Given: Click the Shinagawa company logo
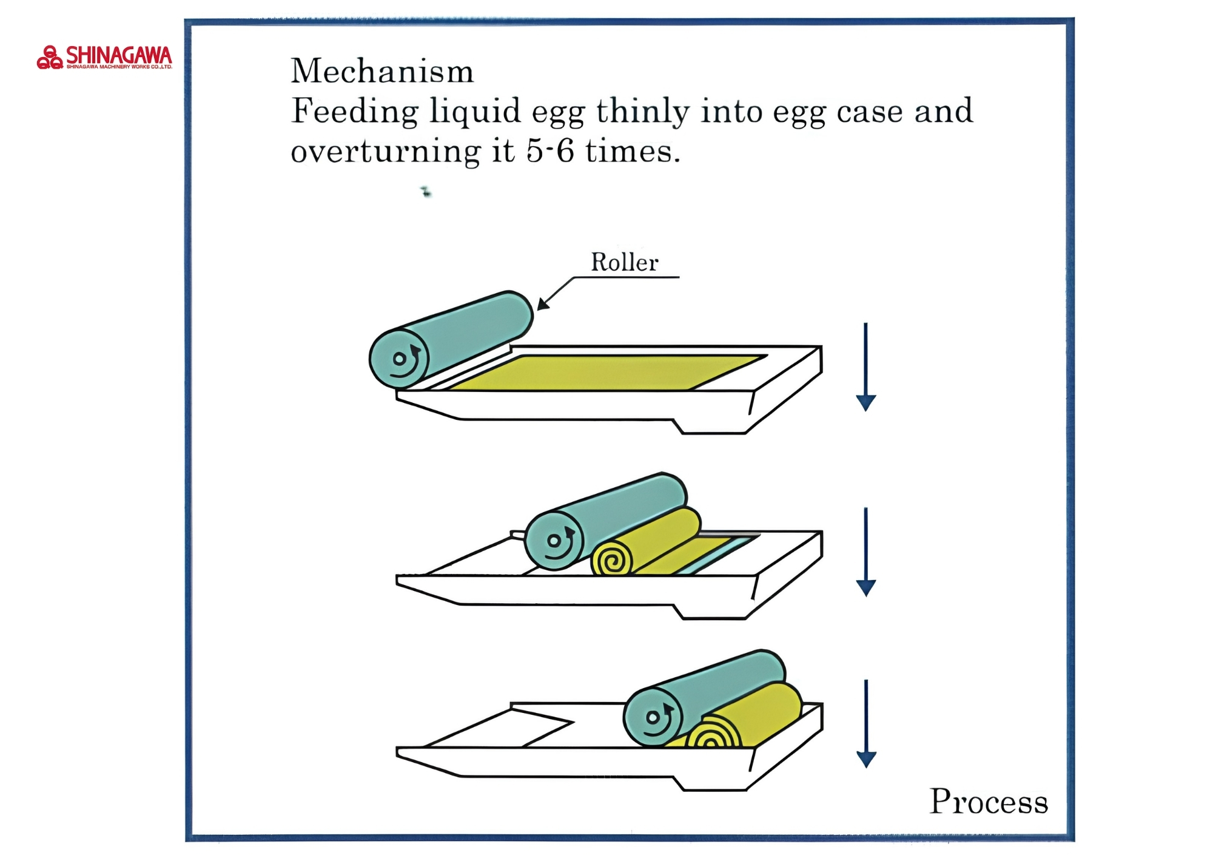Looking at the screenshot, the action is click(x=104, y=58).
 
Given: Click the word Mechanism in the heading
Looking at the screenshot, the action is click(x=382, y=71).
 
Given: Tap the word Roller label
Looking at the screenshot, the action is click(x=625, y=262).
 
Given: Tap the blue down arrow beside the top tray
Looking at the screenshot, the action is click(x=865, y=367).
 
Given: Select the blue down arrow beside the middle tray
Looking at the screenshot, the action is click(x=865, y=552).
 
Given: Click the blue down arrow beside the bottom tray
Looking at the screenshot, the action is click(x=865, y=723).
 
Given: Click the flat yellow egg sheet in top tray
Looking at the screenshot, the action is click(x=606, y=372).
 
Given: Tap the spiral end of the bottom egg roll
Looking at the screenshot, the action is click(x=717, y=735).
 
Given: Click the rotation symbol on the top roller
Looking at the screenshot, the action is click(x=402, y=360).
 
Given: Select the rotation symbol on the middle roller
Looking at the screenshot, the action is click(x=557, y=542).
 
